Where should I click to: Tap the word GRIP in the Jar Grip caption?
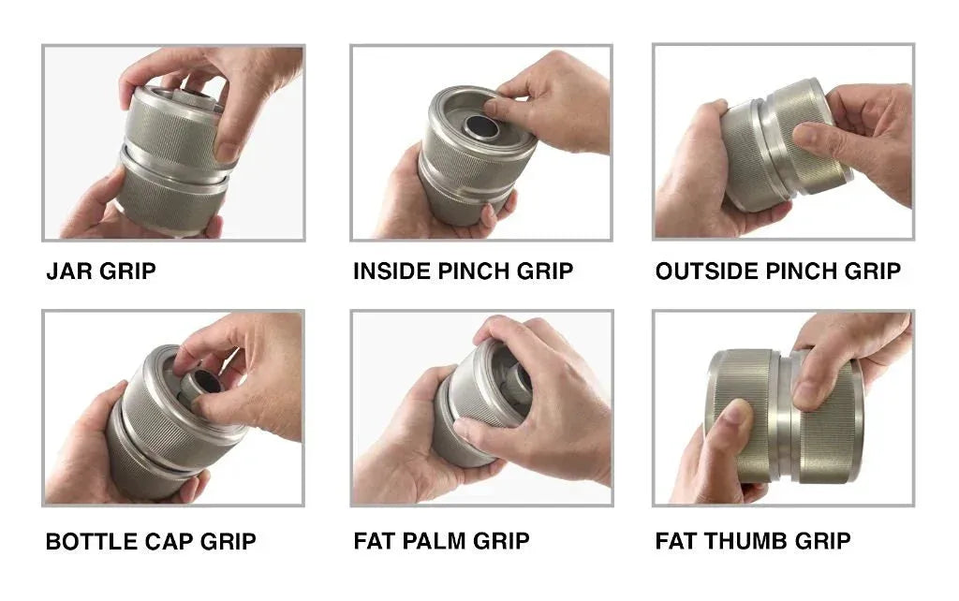pyautogui.click(x=131, y=271)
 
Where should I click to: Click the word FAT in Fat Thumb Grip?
pyautogui.click(x=675, y=541)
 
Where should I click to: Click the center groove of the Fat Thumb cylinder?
pyautogui.click(x=784, y=412)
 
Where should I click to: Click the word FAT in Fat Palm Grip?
pyautogui.click(x=374, y=541)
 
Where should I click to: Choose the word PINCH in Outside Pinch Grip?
pyautogui.click(x=804, y=271)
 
